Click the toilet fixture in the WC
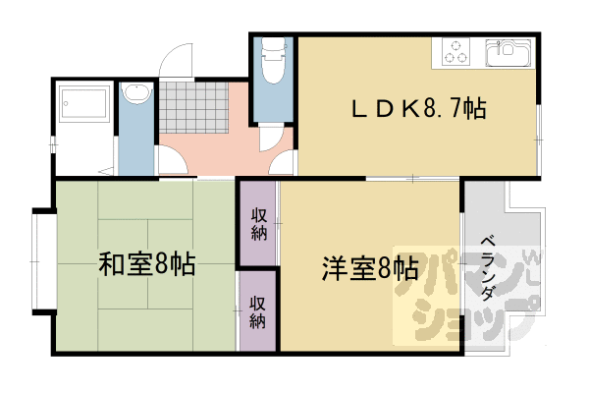[274, 61]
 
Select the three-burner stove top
[455, 52]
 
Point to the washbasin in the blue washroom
[137, 93]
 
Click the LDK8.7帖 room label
[418, 109]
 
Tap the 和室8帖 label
[147, 264]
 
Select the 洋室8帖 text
[370, 268]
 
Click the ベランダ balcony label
[488, 268]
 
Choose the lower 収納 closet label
[258, 312]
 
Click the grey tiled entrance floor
[193, 107]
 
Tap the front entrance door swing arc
[176, 60]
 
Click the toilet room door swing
[271, 139]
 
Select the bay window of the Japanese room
[44, 261]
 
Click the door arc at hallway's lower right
[281, 162]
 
